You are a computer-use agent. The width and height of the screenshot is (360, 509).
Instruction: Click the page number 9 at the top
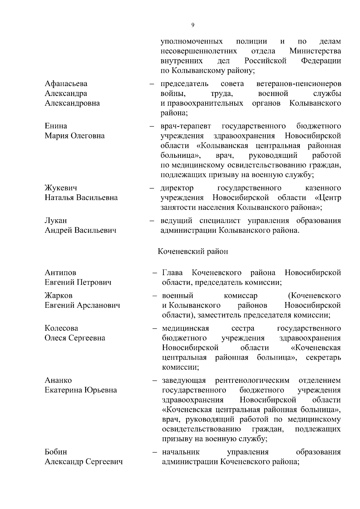pos(193,25)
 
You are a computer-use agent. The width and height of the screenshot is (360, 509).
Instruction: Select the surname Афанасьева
pos(66,83)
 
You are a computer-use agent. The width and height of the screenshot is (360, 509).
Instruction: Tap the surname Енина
pos(56,126)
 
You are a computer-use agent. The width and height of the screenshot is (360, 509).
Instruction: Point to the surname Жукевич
pos(61,188)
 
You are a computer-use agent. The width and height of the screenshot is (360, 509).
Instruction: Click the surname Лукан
pos(55,221)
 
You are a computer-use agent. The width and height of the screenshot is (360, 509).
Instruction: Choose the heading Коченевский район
pos(193,251)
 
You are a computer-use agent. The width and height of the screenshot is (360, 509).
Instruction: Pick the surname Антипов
pos(60,273)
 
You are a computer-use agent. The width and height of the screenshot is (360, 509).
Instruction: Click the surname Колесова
pos(61,328)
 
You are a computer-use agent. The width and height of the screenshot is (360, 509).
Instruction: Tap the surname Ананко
pos(58,380)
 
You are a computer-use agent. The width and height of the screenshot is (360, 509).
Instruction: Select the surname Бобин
pos(56,452)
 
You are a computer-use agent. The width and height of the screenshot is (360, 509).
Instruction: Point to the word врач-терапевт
pos(186,126)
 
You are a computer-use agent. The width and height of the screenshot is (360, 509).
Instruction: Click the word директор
pos(177,188)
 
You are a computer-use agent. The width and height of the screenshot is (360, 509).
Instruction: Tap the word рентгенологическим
pos(252,380)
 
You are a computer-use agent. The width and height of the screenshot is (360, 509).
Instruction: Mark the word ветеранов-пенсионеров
pos(299,83)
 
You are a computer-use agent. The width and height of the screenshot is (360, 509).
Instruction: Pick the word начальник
pos(181,452)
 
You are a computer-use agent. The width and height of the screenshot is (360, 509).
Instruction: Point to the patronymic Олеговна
pos(88,136)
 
